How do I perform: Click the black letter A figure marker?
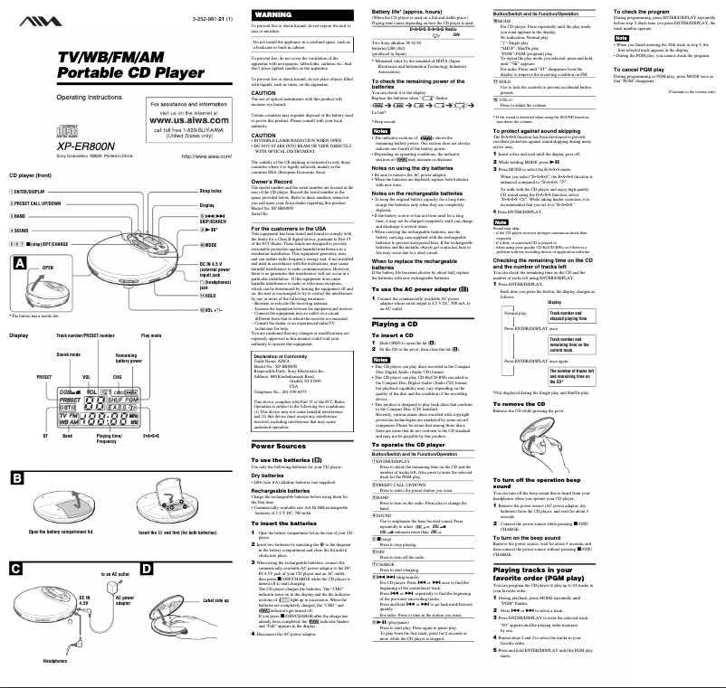pos(18,261)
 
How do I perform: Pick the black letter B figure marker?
pos(18,476)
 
